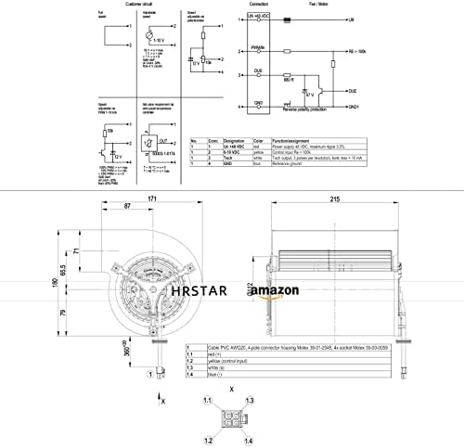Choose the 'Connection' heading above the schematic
click(259, 6)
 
